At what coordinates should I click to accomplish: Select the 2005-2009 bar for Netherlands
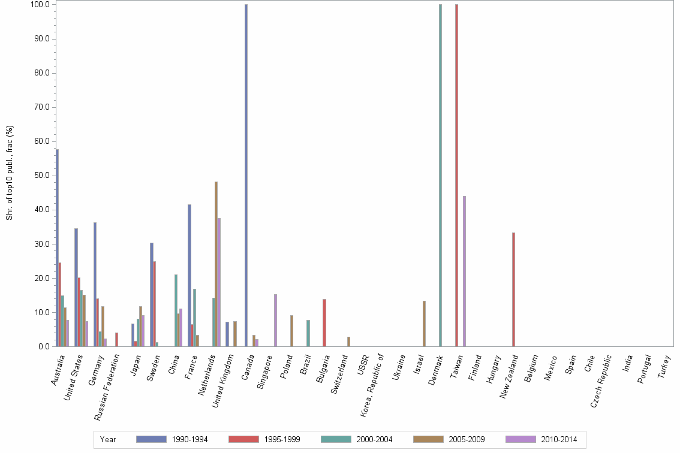pos(216,264)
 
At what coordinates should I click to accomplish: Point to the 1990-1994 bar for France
pos(189,275)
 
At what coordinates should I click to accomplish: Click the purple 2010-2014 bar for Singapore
pos(275,320)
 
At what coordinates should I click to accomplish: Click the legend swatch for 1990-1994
pos(151,439)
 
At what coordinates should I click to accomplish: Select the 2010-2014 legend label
pos(559,439)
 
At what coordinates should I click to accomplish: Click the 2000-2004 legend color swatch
pos(336,439)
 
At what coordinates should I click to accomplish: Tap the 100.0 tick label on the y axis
pos(40,5)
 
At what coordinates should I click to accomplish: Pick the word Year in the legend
pos(108,439)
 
